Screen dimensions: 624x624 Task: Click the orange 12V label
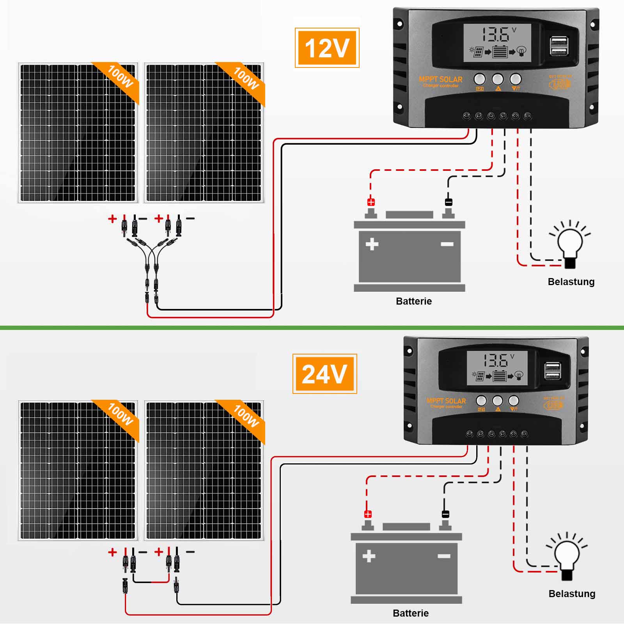(x=327, y=48)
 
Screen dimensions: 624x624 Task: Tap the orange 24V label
(x=324, y=374)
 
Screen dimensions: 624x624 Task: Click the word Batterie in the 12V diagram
(x=414, y=301)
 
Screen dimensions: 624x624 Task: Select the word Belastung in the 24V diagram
(x=572, y=594)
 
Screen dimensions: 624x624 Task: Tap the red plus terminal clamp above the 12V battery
(x=371, y=202)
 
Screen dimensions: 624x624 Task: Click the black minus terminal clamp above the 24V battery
(x=445, y=514)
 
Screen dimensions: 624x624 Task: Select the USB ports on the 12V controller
(x=559, y=46)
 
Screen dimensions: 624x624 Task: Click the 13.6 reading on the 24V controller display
(x=495, y=360)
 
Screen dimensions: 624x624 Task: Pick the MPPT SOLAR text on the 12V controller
(x=440, y=80)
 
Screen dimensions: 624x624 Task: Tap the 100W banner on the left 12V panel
(x=120, y=77)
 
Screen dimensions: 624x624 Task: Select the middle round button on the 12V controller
(x=498, y=79)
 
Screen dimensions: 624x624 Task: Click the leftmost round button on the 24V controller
(x=481, y=401)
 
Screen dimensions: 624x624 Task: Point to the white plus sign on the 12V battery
(x=372, y=244)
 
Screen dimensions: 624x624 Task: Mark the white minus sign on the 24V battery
(x=444, y=556)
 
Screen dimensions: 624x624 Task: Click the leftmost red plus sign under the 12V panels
(x=112, y=218)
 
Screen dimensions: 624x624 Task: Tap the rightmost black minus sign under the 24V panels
(x=190, y=552)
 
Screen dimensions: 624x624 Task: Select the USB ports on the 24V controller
(x=553, y=370)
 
